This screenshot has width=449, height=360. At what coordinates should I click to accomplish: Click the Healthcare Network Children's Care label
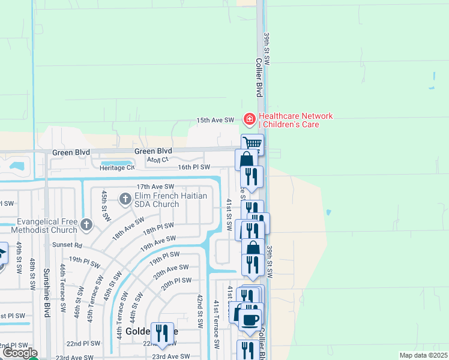(x=295, y=120)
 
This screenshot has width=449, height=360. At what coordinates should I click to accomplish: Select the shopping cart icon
(x=253, y=144)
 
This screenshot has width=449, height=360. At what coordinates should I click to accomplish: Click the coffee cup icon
(x=250, y=319)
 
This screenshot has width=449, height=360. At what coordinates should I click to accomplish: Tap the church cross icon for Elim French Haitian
(x=125, y=198)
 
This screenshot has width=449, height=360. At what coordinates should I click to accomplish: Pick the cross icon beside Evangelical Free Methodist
(x=87, y=224)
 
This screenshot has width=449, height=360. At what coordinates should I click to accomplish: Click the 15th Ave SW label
(x=215, y=121)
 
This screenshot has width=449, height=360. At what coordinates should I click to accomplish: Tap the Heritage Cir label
(x=118, y=167)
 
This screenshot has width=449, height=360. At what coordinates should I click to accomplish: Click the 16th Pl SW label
(x=194, y=167)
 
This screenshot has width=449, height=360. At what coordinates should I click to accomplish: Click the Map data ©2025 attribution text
(x=424, y=355)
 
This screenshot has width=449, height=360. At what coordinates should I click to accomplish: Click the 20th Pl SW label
(x=176, y=281)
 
